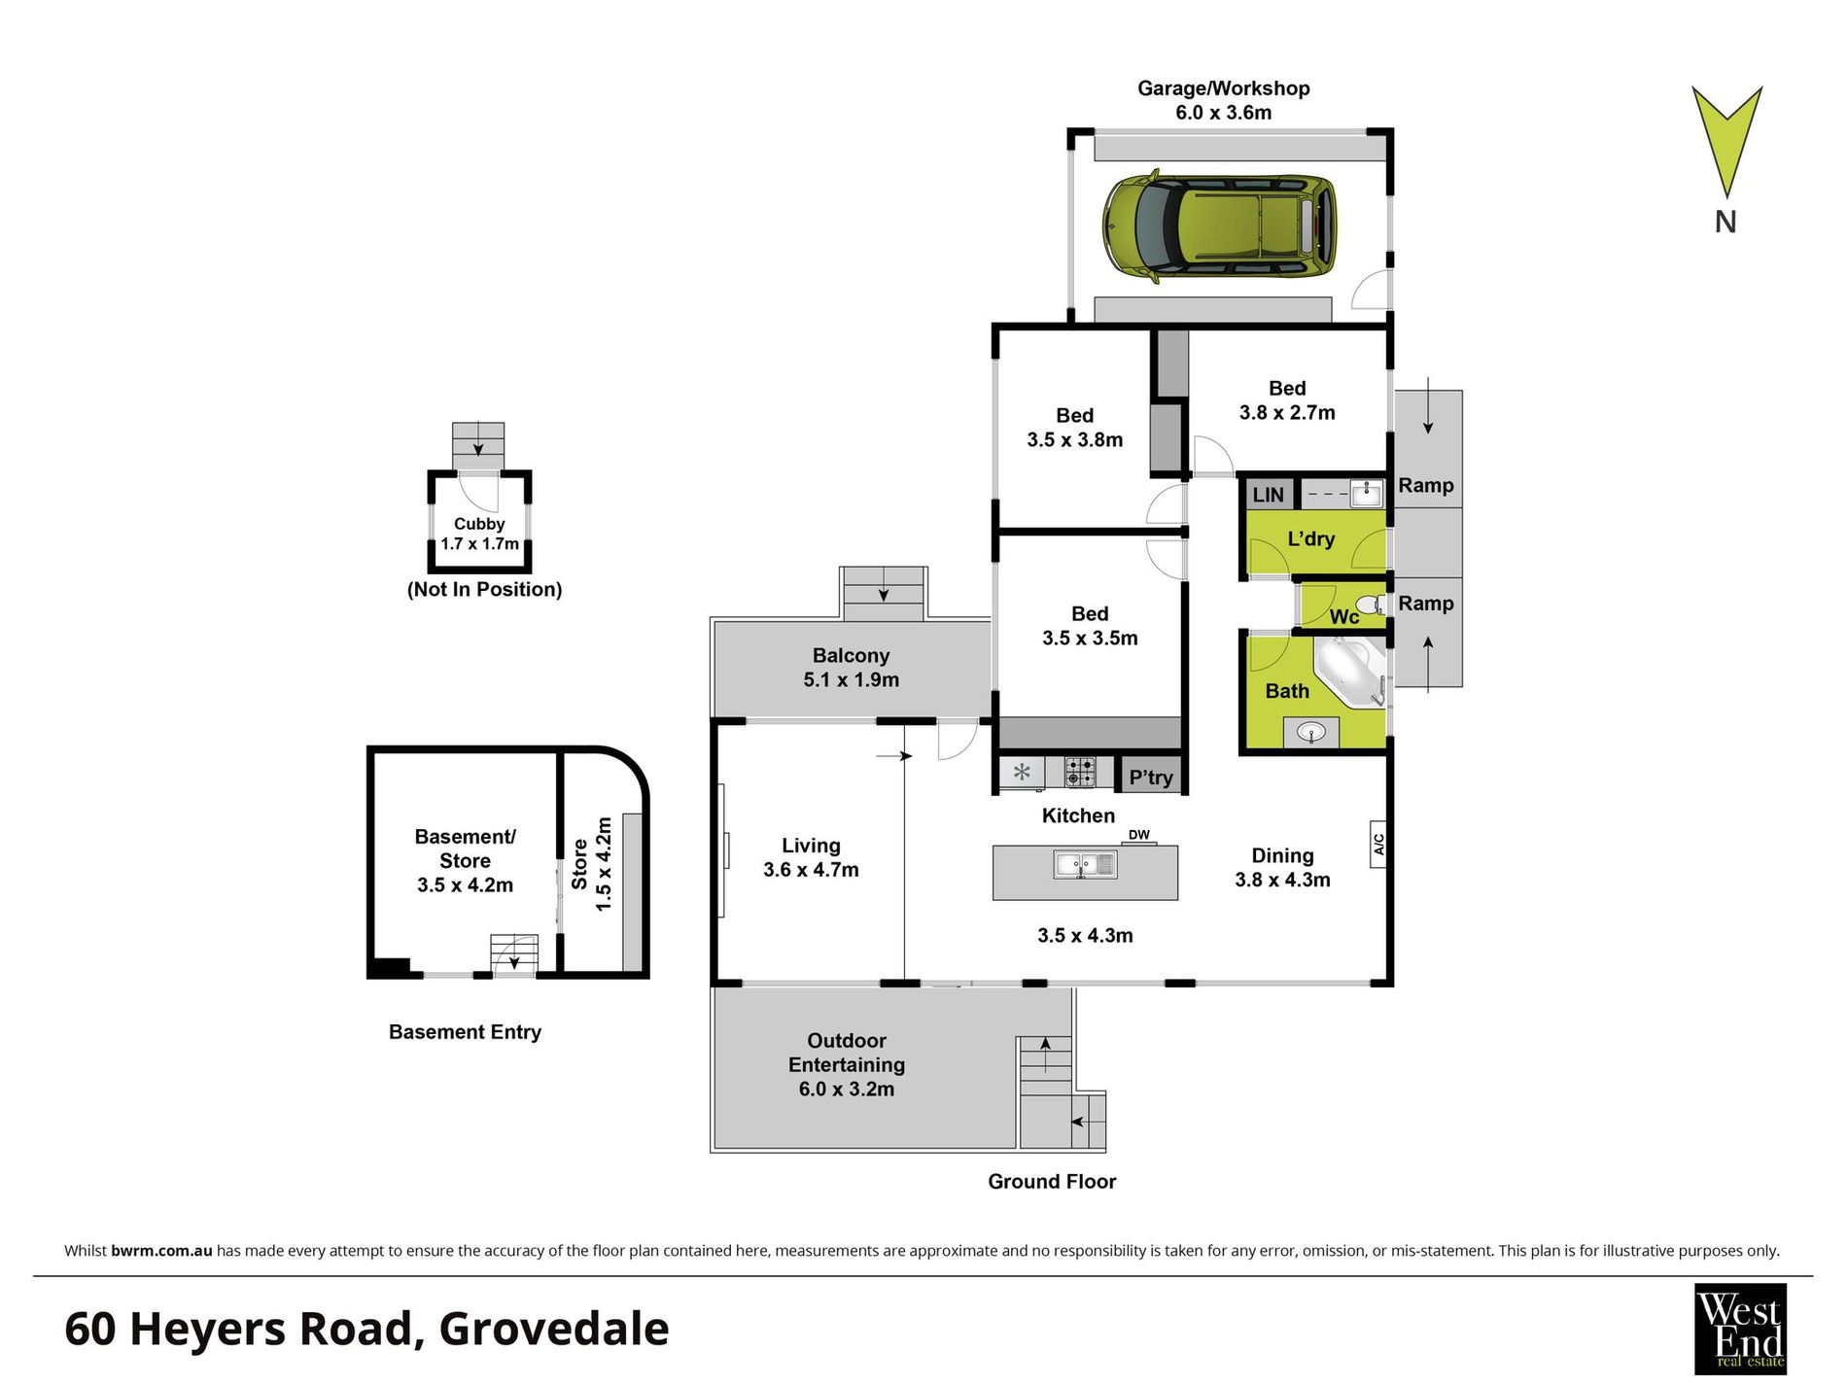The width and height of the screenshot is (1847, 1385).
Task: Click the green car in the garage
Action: [x=1219, y=229]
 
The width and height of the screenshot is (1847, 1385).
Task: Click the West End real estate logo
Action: [x=1740, y=1328]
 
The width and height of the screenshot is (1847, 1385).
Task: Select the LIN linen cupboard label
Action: [x=1268, y=495]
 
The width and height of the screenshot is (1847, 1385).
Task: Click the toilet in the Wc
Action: [x=1369, y=606]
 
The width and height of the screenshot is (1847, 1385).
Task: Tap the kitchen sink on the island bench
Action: [x=1085, y=864]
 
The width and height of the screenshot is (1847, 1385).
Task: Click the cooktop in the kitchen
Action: [x=1080, y=773]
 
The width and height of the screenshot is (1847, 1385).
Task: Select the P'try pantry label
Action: [x=1150, y=778]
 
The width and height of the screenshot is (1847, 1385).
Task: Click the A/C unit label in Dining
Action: [x=1377, y=844]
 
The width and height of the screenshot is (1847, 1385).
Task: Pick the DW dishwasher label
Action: [x=1138, y=835]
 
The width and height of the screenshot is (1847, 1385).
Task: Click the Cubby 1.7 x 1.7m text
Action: [x=479, y=534]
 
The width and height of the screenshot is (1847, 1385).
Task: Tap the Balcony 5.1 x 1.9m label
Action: [x=851, y=668]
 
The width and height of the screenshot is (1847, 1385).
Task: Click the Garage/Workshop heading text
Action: [x=1223, y=88]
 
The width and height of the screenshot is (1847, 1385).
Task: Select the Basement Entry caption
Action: [x=465, y=1032]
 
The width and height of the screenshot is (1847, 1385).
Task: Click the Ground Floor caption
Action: [x=1052, y=1181]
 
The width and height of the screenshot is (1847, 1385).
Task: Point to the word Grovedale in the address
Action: [x=554, y=1329]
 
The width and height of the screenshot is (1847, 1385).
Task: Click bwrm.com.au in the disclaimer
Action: [x=161, y=1251]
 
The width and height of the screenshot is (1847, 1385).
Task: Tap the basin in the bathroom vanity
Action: [x=1310, y=731]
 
